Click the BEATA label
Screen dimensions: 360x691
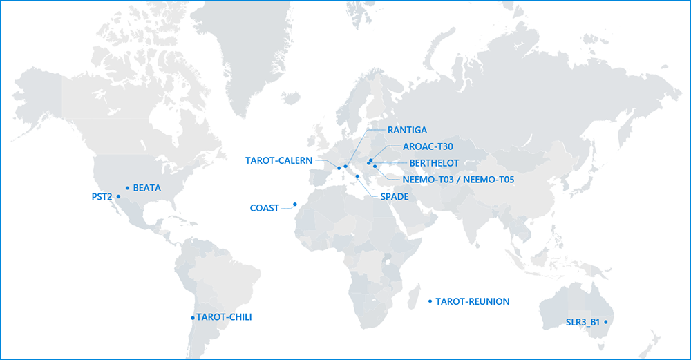(146, 187)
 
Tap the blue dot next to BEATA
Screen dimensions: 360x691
(127, 187)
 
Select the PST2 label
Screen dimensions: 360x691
(102, 197)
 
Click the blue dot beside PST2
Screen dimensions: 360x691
(119, 197)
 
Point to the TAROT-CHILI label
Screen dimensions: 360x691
(224, 318)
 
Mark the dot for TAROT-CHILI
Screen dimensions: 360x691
(193, 318)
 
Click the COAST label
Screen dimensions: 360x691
(265, 208)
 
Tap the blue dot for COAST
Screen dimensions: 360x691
(294, 204)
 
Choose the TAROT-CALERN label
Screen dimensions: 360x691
(279, 161)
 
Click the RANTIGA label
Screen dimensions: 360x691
(407, 130)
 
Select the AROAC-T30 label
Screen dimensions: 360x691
(428, 147)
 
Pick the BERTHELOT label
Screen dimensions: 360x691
(434, 163)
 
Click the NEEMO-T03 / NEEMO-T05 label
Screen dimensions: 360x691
(458, 180)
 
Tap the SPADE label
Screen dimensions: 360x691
(395, 197)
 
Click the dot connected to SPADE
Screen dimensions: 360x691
(357, 176)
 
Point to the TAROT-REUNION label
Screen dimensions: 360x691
(473, 301)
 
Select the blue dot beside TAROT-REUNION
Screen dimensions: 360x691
(430, 301)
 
